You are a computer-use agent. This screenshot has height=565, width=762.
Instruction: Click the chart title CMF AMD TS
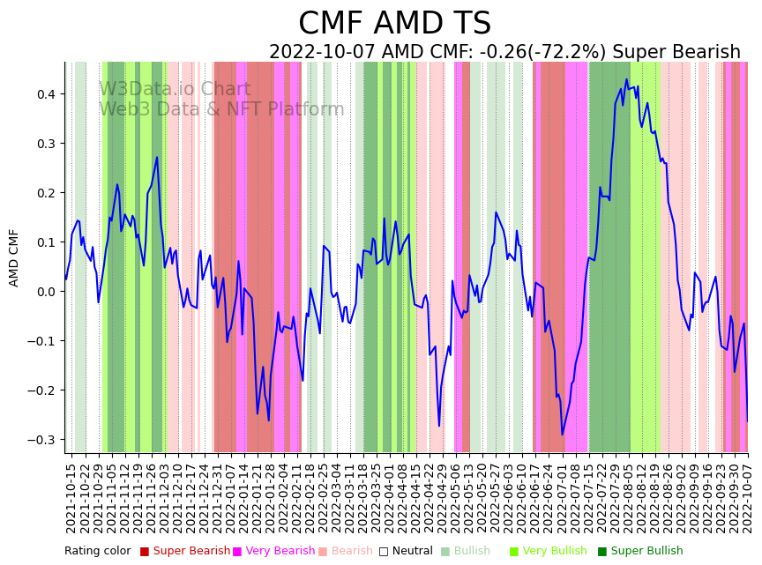394,24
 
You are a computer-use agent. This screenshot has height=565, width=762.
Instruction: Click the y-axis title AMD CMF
14,257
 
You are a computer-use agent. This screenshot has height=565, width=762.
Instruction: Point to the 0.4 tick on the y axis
45,94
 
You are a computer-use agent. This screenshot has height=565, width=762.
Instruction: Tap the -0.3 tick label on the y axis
42,440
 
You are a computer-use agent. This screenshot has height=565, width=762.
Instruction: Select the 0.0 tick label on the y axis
45,292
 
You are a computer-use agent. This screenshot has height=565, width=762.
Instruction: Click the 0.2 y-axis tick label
45,193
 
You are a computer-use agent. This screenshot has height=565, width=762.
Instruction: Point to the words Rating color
97,552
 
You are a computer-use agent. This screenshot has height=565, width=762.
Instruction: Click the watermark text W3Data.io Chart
175,89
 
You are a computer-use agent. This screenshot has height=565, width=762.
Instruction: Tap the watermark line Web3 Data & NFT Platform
221,109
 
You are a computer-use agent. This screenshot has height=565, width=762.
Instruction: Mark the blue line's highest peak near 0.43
626,79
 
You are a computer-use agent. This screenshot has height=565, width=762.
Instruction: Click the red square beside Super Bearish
145,552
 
